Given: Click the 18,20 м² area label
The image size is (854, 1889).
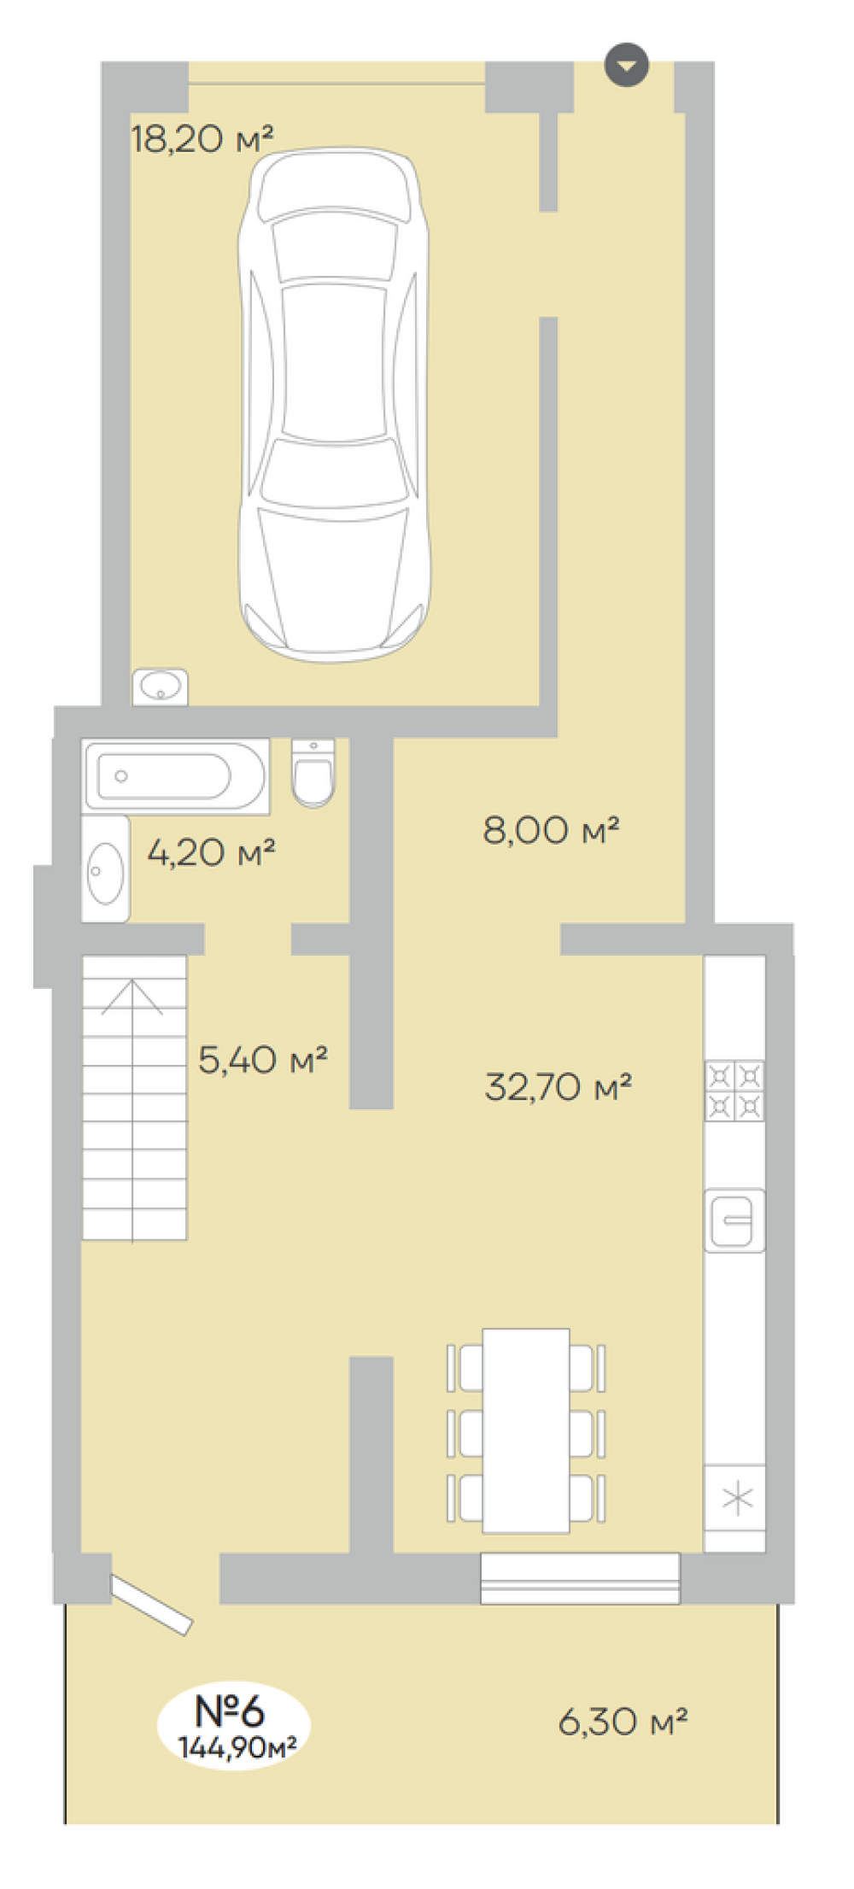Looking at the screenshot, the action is click(x=202, y=137).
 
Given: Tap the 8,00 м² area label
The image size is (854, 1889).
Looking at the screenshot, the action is click(x=551, y=829).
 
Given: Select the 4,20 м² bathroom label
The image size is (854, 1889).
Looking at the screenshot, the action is click(x=211, y=851).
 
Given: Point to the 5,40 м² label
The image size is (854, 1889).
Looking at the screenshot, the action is click(x=263, y=1060).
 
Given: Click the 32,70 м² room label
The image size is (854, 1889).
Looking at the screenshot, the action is click(x=559, y=1086).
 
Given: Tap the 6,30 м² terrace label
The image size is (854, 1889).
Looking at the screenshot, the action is click(x=623, y=1721).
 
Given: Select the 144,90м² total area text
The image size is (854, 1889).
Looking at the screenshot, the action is click(x=237, y=1747).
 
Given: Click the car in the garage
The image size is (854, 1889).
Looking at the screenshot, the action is click(x=334, y=405).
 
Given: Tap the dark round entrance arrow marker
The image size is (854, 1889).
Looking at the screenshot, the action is click(x=627, y=65).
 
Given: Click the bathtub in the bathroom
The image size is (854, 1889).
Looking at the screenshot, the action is click(x=176, y=776).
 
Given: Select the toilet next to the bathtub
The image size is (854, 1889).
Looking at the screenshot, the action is click(x=313, y=773).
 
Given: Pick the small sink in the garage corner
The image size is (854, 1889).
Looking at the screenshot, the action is click(x=160, y=687).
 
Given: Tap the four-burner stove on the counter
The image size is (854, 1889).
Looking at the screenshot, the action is click(x=734, y=1091).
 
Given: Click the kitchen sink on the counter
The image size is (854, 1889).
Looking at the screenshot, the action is click(x=734, y=1221).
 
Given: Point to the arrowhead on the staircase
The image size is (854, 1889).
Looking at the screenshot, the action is click(x=132, y=996).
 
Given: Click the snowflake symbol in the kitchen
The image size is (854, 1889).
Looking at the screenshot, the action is click(x=737, y=1500).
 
